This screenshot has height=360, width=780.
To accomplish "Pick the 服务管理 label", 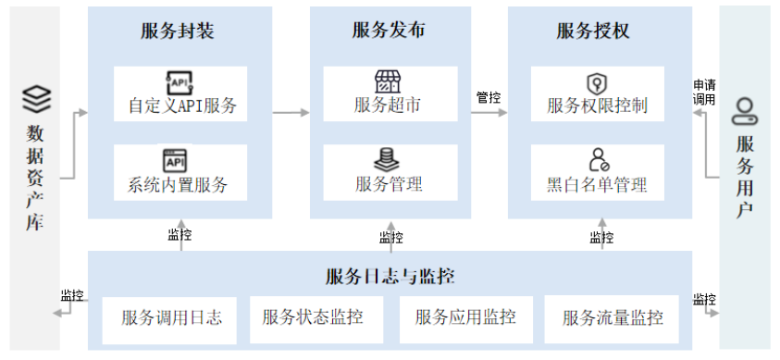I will [x=389, y=183].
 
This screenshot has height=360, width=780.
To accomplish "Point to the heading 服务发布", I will [x=389, y=31].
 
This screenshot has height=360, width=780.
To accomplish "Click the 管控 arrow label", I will [x=489, y=97].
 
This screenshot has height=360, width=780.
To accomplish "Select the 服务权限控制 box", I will [x=598, y=93].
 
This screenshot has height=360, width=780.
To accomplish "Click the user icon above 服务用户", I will [x=745, y=112].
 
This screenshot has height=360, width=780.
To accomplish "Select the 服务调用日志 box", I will [x=171, y=318].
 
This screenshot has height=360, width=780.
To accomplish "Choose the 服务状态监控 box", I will [x=313, y=318].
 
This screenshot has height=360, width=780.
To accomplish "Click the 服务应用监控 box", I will [x=465, y=318].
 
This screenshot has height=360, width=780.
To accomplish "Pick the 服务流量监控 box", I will [x=613, y=318].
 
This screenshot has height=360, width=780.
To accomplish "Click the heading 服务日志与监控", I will [x=390, y=276].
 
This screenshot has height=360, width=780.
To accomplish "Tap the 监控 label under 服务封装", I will [x=180, y=235].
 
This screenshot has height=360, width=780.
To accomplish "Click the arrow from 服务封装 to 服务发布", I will [x=291, y=113].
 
